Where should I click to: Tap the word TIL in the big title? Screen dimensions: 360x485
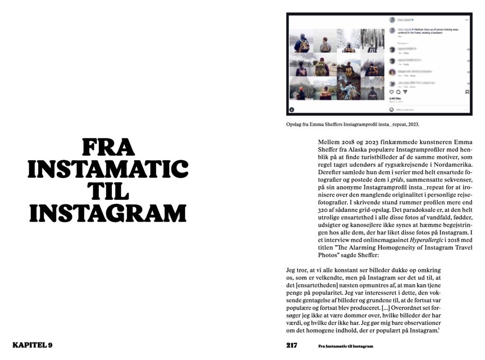tap(108, 192)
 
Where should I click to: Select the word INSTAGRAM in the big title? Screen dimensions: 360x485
tap(108, 214)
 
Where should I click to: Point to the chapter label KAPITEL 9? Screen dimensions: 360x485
tap(32, 345)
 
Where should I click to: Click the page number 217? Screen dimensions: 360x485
tap(292, 345)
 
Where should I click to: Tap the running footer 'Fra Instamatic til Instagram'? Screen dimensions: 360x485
tap(345, 346)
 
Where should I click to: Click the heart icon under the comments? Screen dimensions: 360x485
tap(391, 92)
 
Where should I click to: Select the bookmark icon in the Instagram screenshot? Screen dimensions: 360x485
tap(467, 92)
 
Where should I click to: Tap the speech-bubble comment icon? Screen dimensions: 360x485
tap(398, 92)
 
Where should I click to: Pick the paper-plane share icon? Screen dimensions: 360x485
tap(405, 92)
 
